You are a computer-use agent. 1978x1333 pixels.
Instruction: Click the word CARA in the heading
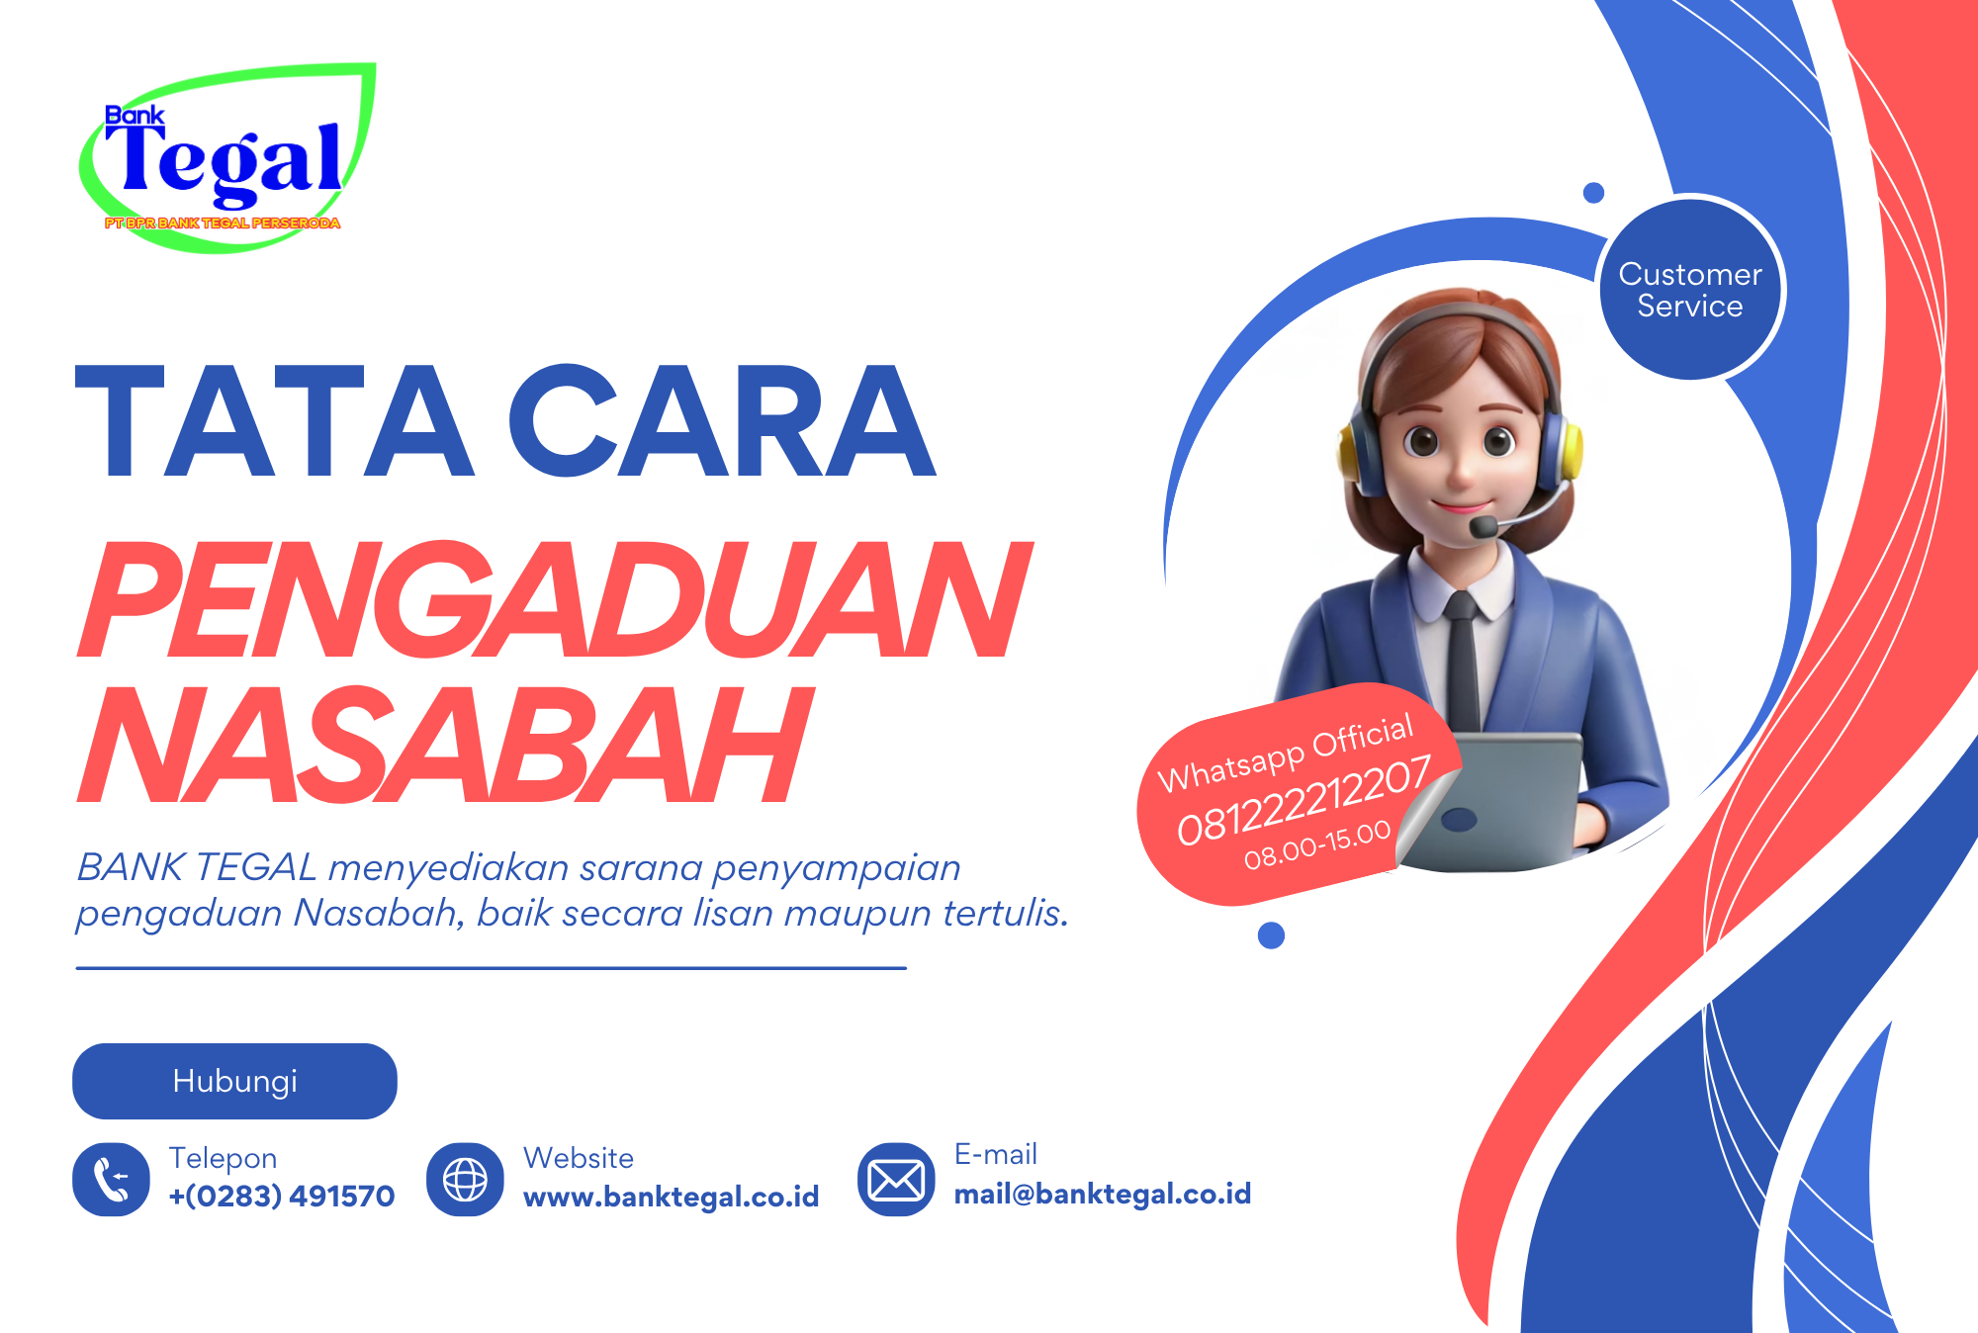pyautogui.click(x=722, y=421)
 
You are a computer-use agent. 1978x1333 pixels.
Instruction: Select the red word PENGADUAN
pyautogui.click(x=555, y=599)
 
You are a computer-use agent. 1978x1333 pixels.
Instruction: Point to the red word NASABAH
pyautogui.click(x=445, y=744)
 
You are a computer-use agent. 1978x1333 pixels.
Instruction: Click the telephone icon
pyautogui.click(x=111, y=1179)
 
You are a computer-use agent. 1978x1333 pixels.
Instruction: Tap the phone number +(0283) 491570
pyautogui.click(x=282, y=1196)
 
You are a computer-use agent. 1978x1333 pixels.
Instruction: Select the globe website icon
pyautogui.click(x=465, y=1179)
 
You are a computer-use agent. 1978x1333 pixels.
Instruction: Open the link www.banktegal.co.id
pyautogui.click(x=671, y=1197)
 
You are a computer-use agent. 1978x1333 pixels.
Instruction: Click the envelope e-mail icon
pyautogui.click(x=896, y=1179)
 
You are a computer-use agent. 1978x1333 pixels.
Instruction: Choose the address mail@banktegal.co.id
pyautogui.click(x=1103, y=1194)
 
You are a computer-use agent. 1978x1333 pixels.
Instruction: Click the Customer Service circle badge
pyautogui.click(x=1691, y=289)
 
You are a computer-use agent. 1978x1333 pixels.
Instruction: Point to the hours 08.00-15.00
pyautogui.click(x=1317, y=844)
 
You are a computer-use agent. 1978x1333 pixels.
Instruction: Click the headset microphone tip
pyautogui.click(x=1483, y=526)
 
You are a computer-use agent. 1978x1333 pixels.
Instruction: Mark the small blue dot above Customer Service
pyautogui.click(x=1593, y=193)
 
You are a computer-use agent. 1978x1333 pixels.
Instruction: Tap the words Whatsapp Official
pyautogui.click(x=1286, y=754)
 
